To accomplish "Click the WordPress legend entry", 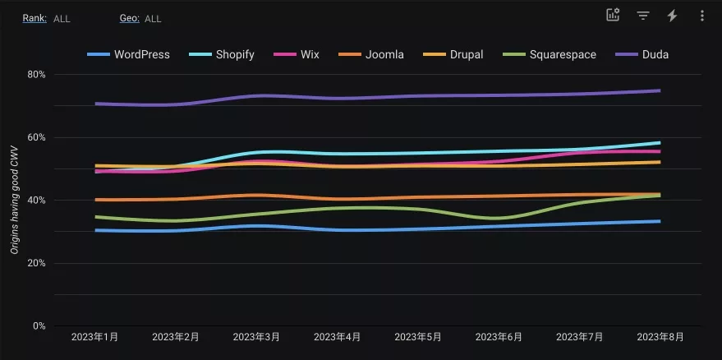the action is point(128,54).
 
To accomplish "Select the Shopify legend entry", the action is point(222,54).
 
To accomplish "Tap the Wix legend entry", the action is point(296,54).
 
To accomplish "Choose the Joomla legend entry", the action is point(371,54).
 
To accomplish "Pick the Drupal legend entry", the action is point(453,54).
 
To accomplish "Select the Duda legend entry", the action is point(642,54).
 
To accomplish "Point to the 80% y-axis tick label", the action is point(36,74).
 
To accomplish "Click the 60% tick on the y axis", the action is point(36,137).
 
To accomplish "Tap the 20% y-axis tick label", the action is point(36,263).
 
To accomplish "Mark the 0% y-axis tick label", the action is point(39,325).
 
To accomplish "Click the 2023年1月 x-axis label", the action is point(94,337).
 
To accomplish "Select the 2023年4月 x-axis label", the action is point(337,337).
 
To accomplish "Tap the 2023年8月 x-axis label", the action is point(660,337).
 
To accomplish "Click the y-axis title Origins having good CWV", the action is point(15,200).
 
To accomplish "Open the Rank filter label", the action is point(34,18).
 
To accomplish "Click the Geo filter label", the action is point(130,18).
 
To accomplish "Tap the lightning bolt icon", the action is point(672,16).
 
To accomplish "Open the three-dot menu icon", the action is point(702,16).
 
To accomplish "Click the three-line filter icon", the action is point(643,16).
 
